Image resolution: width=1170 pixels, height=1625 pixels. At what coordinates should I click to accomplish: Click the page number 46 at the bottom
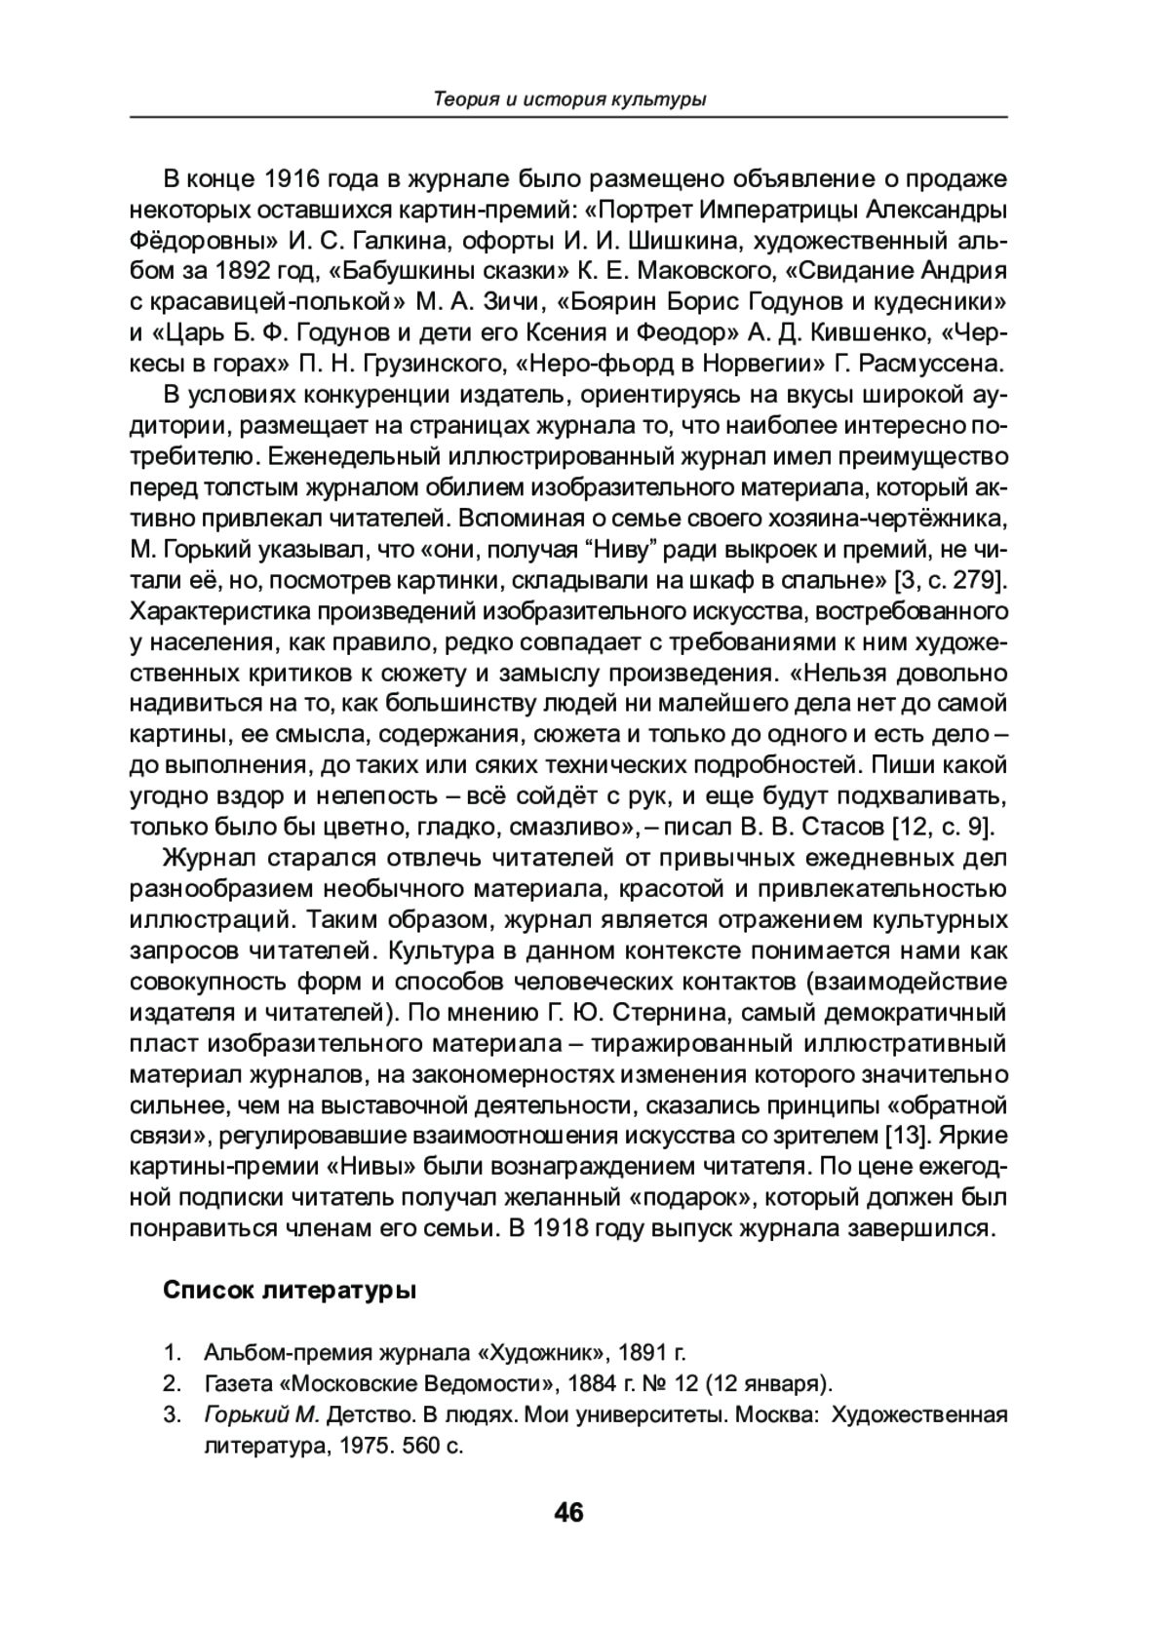click(568, 1512)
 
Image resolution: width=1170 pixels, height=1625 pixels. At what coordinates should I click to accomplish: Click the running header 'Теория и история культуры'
click(568, 99)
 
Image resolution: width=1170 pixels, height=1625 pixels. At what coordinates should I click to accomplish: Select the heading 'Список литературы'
click(290, 1291)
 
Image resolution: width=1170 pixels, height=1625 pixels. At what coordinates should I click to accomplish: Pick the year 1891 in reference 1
click(639, 1353)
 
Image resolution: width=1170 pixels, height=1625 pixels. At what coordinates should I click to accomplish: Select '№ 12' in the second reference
click(669, 1383)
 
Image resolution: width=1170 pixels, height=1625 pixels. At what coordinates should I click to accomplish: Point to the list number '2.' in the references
click(173, 1383)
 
